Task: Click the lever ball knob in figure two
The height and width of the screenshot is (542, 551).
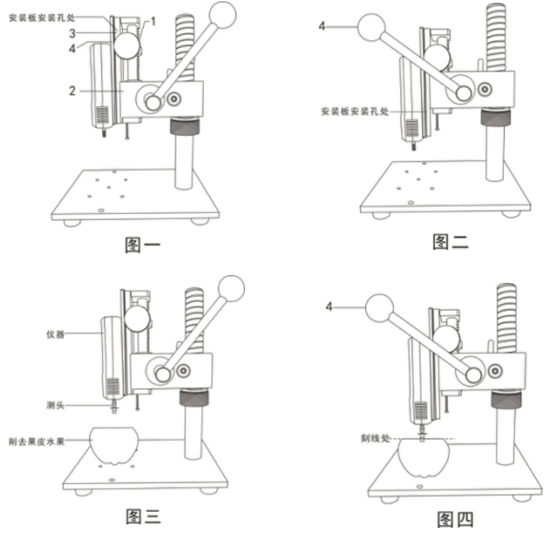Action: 373,29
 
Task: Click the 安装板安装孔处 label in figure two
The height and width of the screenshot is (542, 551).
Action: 354,111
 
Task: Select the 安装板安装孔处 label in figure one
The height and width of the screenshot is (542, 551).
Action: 42,19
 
